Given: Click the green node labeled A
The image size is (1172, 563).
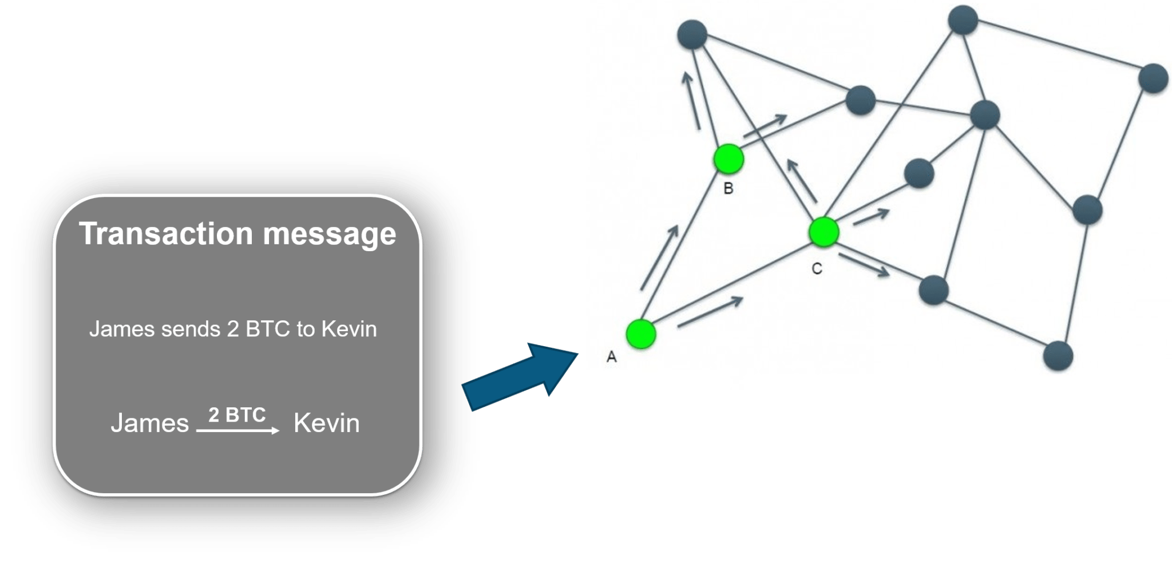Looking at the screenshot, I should (640, 334).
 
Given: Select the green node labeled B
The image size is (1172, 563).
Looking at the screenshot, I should (728, 159).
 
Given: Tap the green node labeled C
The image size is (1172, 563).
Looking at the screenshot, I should (823, 232).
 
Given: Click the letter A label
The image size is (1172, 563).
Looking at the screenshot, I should (611, 357).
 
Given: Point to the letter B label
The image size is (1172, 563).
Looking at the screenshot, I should (728, 188).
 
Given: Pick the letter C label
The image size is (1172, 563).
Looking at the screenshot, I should (817, 268).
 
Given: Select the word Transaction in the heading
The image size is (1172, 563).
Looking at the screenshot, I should (166, 233).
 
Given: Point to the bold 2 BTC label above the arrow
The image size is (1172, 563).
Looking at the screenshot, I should (237, 414).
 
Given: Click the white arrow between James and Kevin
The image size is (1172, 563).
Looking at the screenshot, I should (237, 430).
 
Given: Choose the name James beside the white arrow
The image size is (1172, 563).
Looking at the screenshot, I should (149, 423).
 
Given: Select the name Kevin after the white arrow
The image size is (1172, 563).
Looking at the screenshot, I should (326, 423).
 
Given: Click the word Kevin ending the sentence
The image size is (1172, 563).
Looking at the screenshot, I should (349, 329).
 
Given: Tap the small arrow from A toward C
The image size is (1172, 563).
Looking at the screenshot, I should (710, 312).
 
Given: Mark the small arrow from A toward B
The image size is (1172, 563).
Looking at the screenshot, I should (659, 257).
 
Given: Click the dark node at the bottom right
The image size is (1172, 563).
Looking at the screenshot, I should (1058, 355).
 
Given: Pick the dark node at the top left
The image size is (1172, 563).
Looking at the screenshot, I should (692, 34).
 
